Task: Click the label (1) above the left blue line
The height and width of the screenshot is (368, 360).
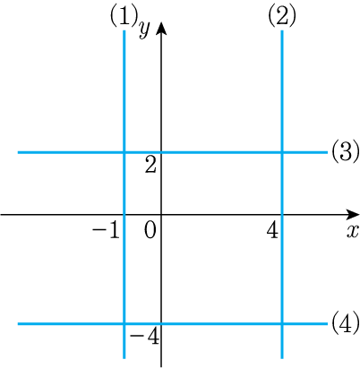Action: coord(124,16)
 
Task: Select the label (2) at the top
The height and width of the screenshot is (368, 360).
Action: coord(282,16)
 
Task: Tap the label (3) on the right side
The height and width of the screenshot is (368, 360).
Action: coord(345,152)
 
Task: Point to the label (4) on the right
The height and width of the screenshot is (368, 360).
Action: coord(345,323)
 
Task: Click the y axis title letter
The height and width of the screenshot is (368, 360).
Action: coord(144,30)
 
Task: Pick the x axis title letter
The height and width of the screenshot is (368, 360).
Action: coord(353,231)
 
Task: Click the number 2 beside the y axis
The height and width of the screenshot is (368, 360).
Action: coord(150,165)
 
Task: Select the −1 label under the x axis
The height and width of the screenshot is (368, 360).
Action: coord(106,230)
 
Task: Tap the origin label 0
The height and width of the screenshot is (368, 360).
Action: coord(150,230)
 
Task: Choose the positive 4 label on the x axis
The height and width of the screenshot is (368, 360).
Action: coord(272,230)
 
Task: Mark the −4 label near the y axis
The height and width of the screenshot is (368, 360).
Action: coord(144,337)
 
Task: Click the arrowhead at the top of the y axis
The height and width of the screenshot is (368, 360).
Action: coord(161,28)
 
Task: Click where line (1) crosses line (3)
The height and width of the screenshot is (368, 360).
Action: coord(124,152)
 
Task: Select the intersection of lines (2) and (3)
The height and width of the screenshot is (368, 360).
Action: coord(282,152)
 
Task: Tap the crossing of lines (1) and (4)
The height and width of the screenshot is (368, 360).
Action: coord(124,323)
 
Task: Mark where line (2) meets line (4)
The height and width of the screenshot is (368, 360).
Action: coord(282,323)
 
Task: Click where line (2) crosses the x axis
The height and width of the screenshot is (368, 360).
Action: coord(282,214)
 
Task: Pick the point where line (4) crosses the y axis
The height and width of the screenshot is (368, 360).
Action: coord(161,323)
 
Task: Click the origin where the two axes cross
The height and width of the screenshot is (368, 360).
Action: coord(161,214)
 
